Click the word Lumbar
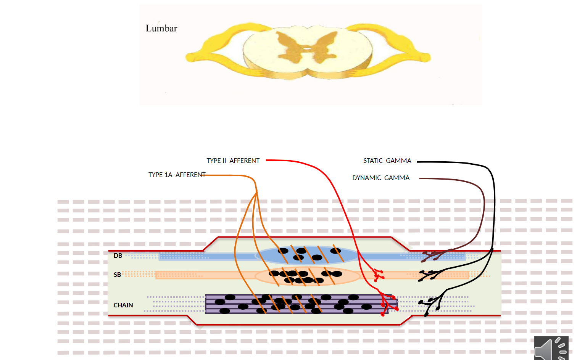click(161, 29)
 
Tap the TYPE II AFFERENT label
click(233, 161)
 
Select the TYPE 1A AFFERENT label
click(177, 175)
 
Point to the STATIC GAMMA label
click(387, 161)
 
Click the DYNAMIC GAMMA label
click(380, 178)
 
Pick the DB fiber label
click(118, 256)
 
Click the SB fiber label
click(117, 275)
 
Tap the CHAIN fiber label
click(123, 305)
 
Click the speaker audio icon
click(551, 348)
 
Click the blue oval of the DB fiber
click(307, 256)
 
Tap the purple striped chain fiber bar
click(298, 304)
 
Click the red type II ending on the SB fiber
click(378, 275)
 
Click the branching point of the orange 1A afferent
click(256, 192)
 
